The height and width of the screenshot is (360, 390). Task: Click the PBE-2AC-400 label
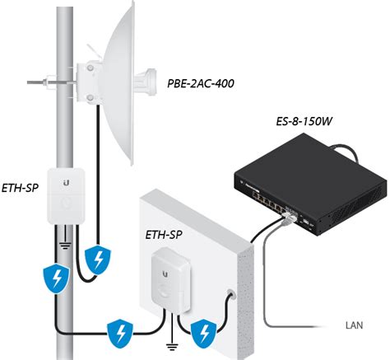click(201, 83)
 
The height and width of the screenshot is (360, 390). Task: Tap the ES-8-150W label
click(304, 121)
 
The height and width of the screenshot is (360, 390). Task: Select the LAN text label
click(354, 325)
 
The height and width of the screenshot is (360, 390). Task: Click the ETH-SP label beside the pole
click(20, 188)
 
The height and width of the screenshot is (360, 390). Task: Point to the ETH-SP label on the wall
click(164, 235)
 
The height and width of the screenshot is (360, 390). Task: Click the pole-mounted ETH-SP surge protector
click(66, 195)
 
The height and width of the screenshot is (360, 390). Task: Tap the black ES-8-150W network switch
click(310, 184)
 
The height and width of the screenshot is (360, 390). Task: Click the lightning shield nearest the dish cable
click(98, 260)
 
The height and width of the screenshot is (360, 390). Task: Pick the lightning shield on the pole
click(57, 278)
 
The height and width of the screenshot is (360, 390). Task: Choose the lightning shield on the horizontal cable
click(120, 334)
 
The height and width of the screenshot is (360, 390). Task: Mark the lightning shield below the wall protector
click(204, 334)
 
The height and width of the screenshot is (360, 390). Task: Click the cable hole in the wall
click(231, 294)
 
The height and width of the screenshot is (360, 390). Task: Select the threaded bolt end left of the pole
click(35, 82)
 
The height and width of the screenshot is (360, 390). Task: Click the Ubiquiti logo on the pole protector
click(66, 183)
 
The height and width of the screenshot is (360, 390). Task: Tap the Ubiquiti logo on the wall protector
click(165, 274)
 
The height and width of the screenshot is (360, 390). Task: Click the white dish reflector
click(118, 82)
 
